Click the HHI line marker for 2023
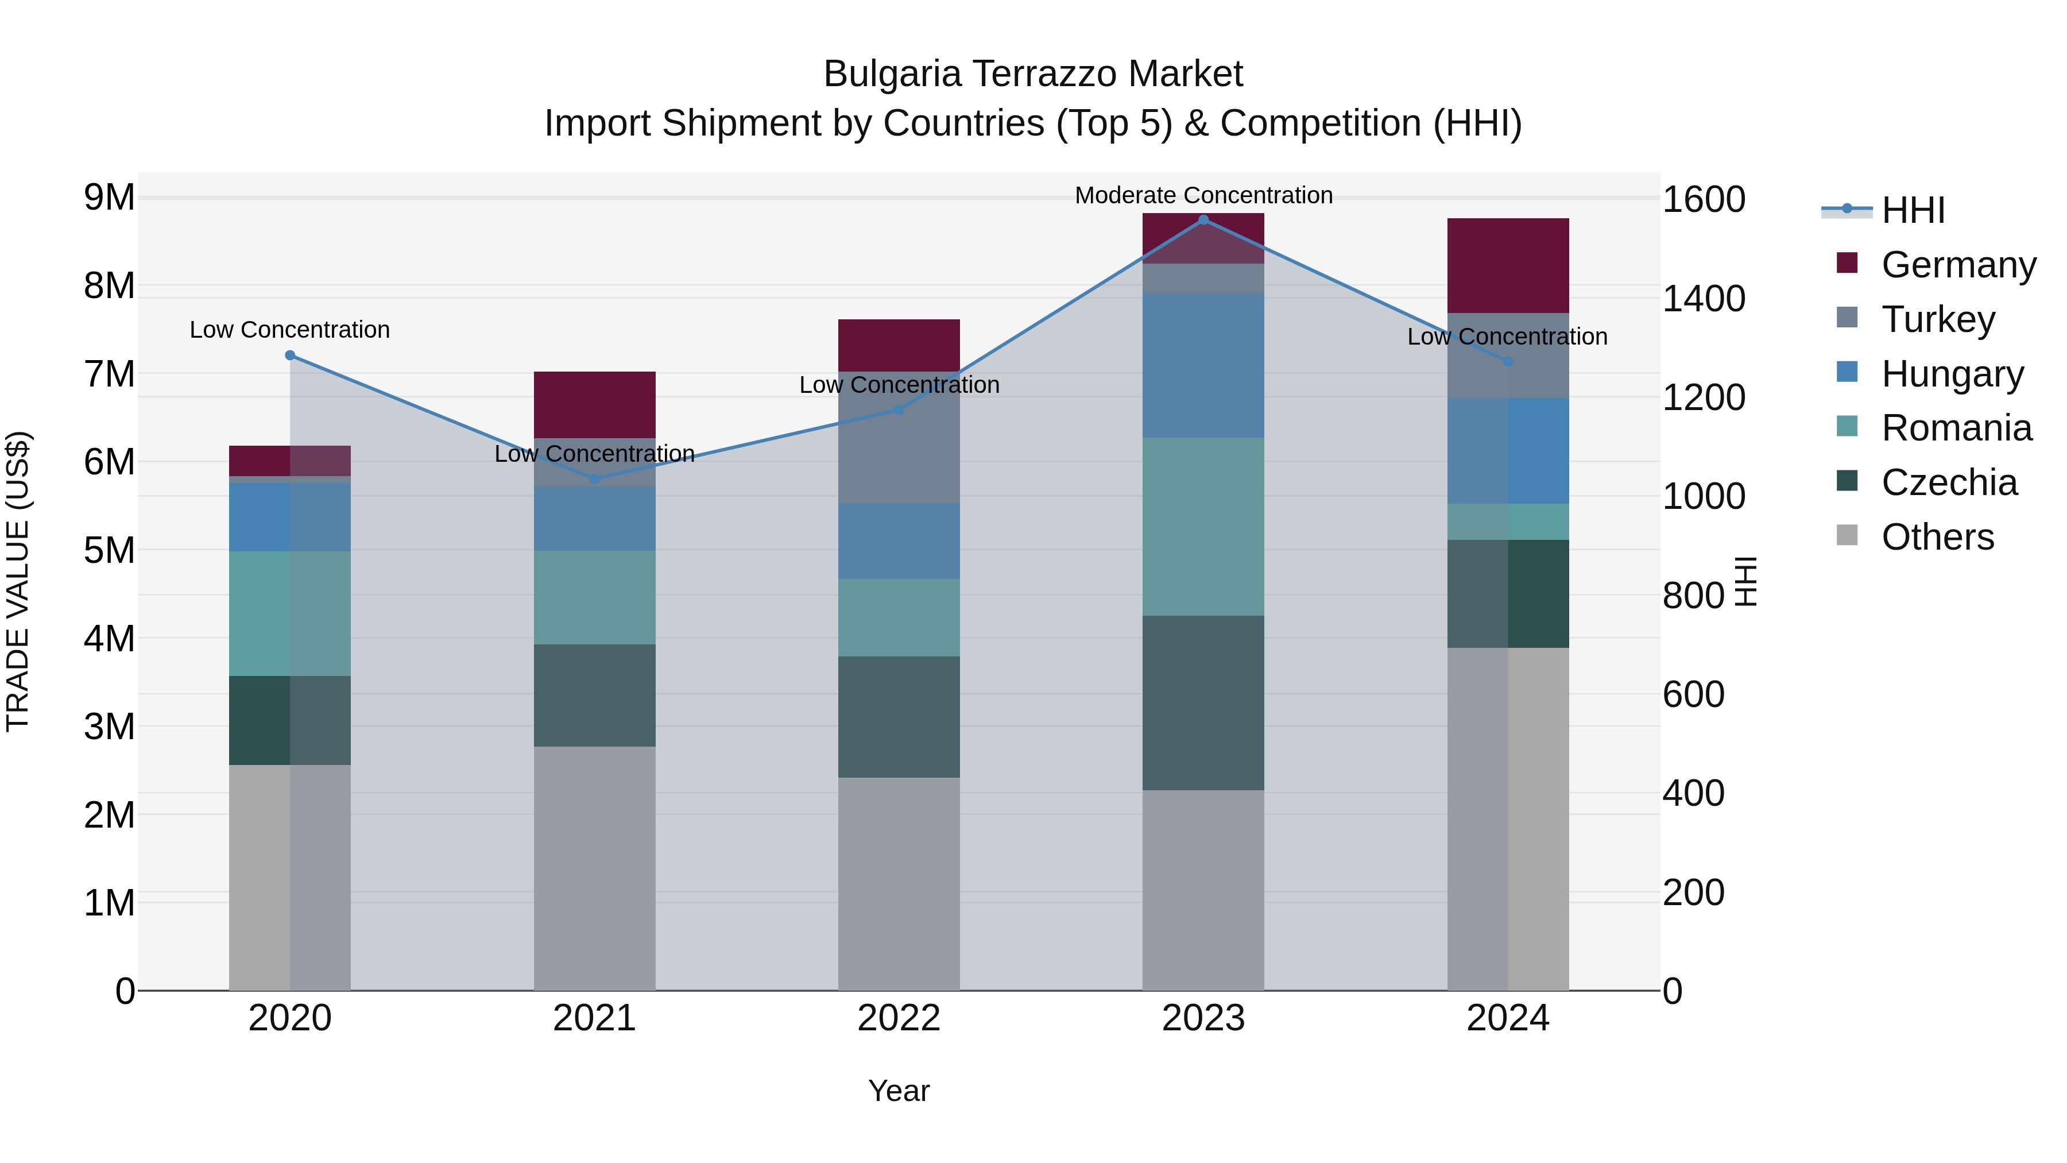pyautogui.click(x=1203, y=219)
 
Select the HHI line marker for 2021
pyautogui.click(x=595, y=479)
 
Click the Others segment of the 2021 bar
pyautogui.click(x=595, y=868)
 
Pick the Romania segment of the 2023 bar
pyautogui.click(x=1203, y=527)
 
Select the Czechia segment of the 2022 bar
pyautogui.click(x=899, y=717)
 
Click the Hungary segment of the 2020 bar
pyautogui.click(x=290, y=516)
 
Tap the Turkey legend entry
pyautogui.click(x=1937, y=319)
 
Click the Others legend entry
pyautogui.click(x=1937, y=537)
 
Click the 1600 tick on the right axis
pyautogui.click(x=1704, y=200)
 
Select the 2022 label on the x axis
pyautogui.click(x=899, y=1018)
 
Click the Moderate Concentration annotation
pyautogui.click(x=1203, y=195)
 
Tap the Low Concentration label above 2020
pyautogui.click(x=290, y=330)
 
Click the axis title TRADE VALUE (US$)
pyautogui.click(x=18, y=581)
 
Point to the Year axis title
pyautogui.click(x=899, y=1091)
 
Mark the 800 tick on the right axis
pyautogui.click(x=1693, y=596)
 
